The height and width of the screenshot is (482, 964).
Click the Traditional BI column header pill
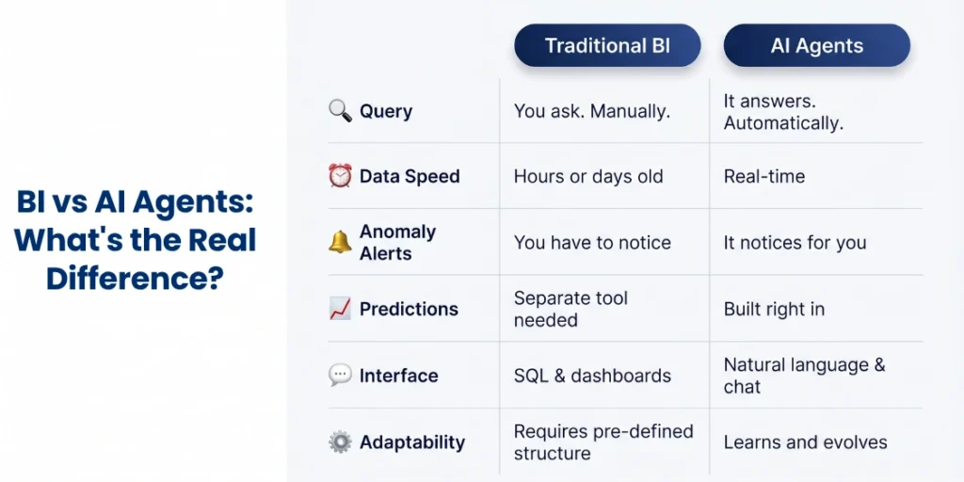[607, 45]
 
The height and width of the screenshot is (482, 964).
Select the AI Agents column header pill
[816, 45]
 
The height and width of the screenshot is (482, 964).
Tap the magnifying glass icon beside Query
[340, 111]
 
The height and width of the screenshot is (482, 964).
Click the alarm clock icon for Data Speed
[340, 176]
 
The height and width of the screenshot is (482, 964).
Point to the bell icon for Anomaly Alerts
[340, 242]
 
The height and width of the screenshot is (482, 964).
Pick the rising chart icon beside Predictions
[340, 309]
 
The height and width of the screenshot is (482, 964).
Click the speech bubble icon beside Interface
[340, 375]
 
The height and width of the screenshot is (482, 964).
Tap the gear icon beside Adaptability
[340, 442]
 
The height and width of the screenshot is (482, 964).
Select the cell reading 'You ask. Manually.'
[591, 111]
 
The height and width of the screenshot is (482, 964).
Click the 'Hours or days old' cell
[588, 176]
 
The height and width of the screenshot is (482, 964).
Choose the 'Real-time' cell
[764, 176]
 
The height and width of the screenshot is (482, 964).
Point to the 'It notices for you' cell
[795, 243]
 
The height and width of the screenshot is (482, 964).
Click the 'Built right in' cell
[774, 309]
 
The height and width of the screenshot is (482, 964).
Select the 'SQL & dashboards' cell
[592, 376]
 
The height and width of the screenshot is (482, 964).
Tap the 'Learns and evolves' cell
[806, 442]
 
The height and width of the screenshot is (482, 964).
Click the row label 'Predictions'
[409, 309]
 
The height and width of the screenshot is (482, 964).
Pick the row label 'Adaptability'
[412, 442]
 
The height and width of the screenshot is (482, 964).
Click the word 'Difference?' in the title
[134, 278]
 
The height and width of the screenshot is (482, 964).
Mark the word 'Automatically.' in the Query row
[783, 123]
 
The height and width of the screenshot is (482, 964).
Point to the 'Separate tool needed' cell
[570, 309]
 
